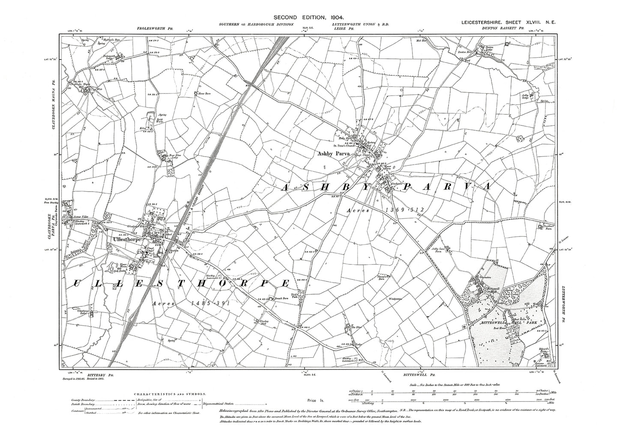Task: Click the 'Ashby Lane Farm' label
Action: click(x=439, y=250)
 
